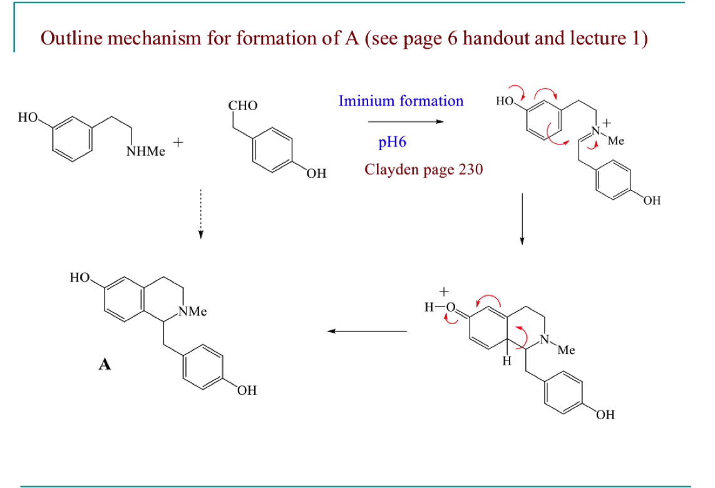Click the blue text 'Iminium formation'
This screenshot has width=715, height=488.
pyautogui.click(x=401, y=101)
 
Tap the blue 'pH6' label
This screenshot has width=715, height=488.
pyautogui.click(x=393, y=142)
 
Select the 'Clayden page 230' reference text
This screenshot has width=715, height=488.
pyautogui.click(x=424, y=170)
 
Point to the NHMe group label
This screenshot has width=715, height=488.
pyautogui.click(x=146, y=152)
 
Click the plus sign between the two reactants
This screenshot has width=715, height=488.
pyautogui.click(x=178, y=143)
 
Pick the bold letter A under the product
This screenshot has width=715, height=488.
pyautogui.click(x=105, y=365)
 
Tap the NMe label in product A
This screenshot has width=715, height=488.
pyautogui.click(x=193, y=311)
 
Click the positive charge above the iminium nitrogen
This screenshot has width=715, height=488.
pyautogui.click(x=606, y=123)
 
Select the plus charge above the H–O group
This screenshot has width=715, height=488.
pyautogui.click(x=445, y=292)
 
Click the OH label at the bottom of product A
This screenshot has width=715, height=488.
pyautogui.click(x=247, y=391)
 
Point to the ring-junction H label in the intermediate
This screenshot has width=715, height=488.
pyautogui.click(x=508, y=362)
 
